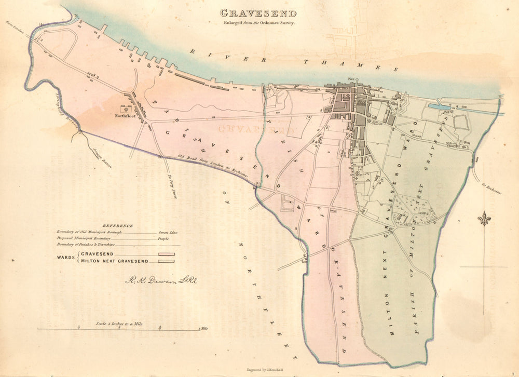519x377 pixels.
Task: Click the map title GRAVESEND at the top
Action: click(x=258, y=14)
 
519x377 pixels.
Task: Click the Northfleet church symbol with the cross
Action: click(x=125, y=109)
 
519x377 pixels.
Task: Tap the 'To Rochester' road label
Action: click(x=491, y=189)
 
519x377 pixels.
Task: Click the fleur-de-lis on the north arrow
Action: click(x=484, y=219)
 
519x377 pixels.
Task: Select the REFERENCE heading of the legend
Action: click(x=117, y=226)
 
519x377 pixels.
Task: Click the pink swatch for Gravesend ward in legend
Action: click(x=166, y=254)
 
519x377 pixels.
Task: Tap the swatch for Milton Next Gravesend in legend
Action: click(x=166, y=261)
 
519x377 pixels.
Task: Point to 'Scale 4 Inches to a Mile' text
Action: click(x=119, y=324)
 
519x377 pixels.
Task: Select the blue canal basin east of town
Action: click(x=439, y=106)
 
